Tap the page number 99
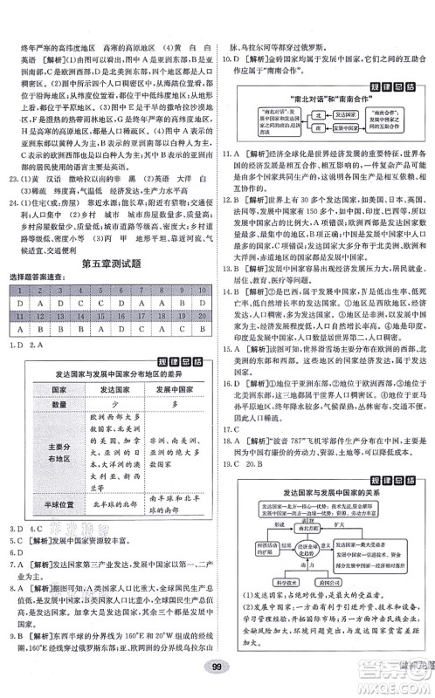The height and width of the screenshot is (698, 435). pos(218,684)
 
